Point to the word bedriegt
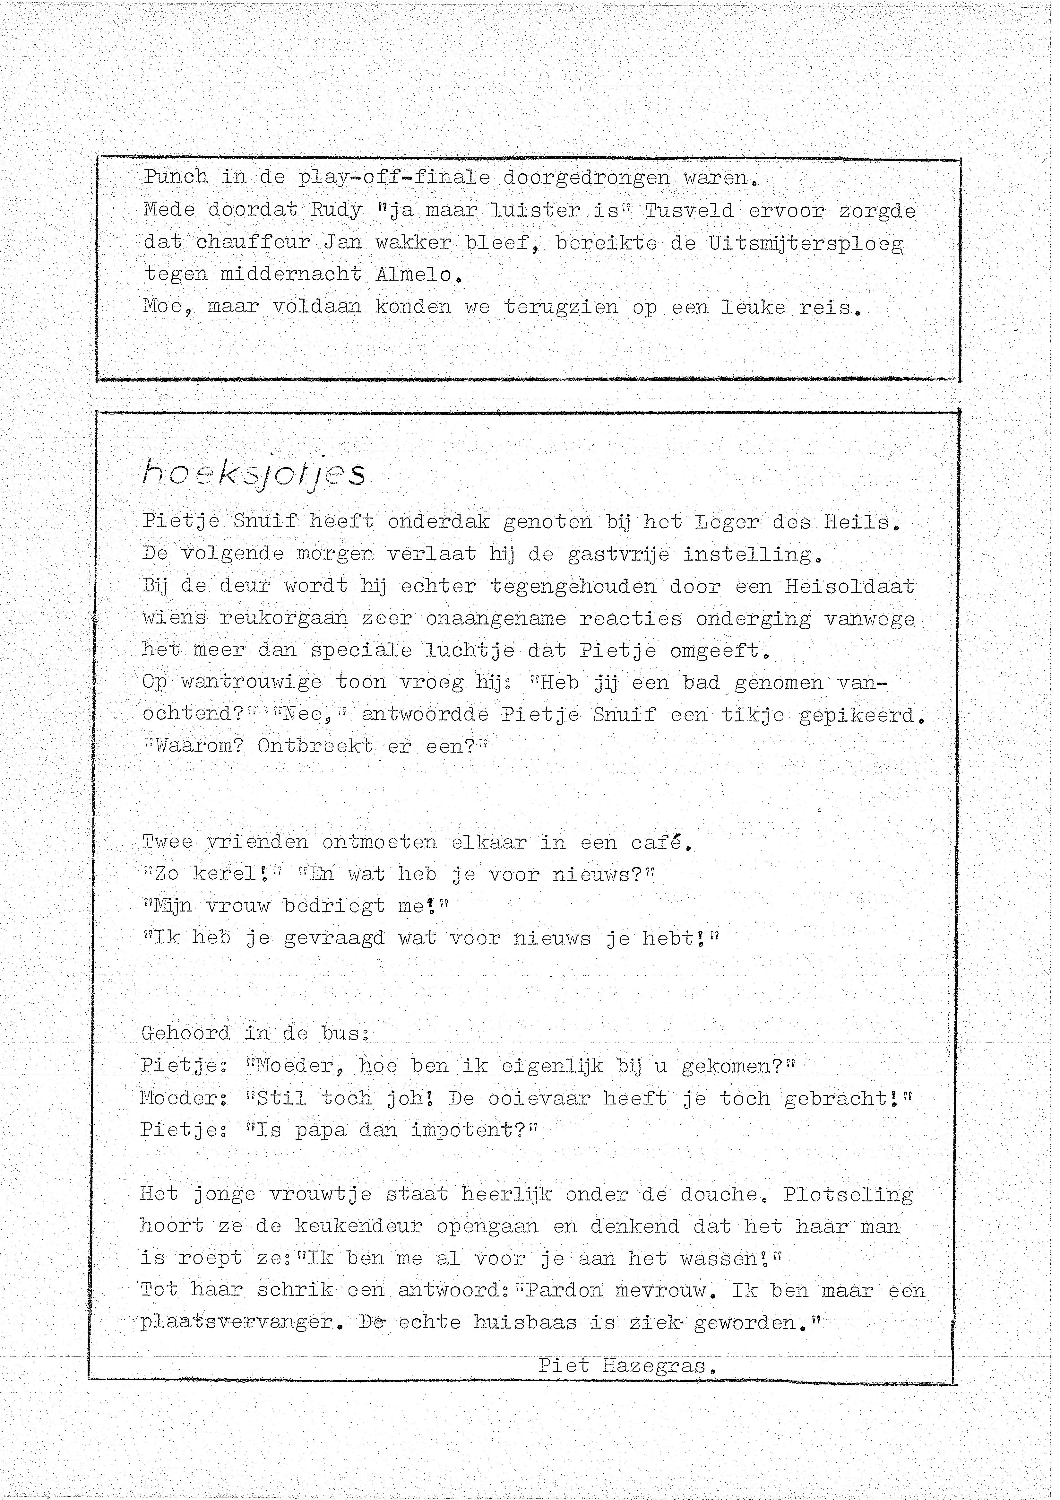click(x=334, y=906)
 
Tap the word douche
click(x=719, y=1194)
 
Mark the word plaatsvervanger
click(x=238, y=1323)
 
